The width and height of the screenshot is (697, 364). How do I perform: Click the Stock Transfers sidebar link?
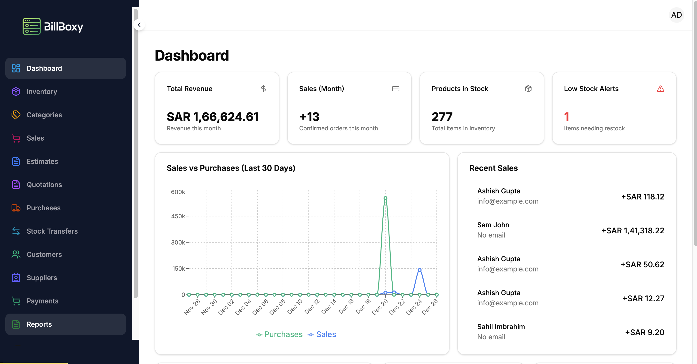pos(52,231)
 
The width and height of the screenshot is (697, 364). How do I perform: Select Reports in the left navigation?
pos(39,324)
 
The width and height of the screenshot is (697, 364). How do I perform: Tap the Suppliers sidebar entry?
pos(42,278)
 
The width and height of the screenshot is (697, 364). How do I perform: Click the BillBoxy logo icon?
pos(32,26)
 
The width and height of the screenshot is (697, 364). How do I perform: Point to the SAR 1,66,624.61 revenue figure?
pos(212,117)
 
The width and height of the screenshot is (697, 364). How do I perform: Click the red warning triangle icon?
pos(660,89)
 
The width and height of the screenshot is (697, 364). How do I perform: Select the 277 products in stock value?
pos(442,117)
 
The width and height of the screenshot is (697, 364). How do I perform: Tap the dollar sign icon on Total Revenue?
pos(263,89)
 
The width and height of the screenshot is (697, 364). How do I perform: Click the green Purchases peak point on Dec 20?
pos(385,198)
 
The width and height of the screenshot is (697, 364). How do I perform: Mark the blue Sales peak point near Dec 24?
pos(420,270)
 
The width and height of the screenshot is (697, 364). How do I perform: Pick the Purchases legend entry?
pos(279,334)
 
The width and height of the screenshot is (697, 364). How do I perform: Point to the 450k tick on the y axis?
pos(178,216)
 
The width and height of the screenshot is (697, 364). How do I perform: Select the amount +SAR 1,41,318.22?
pos(633,230)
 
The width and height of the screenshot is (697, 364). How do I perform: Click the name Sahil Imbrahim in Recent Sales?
pos(501,327)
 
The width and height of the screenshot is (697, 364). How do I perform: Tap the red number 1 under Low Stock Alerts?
pos(567,117)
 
